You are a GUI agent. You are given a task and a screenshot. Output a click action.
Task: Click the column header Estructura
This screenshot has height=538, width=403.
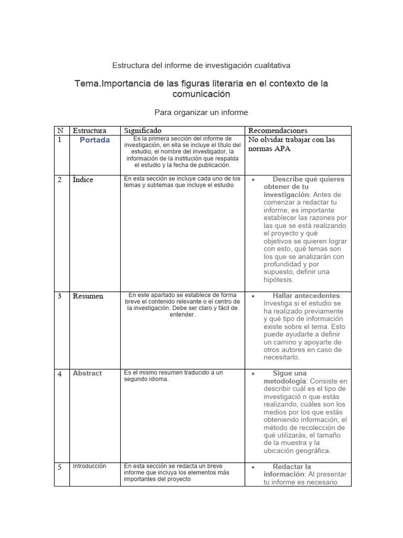(89, 130)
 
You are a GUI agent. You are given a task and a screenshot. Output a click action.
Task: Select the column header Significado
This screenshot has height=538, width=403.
(143, 130)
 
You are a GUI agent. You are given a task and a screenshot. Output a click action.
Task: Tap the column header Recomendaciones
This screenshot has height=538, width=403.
(278, 130)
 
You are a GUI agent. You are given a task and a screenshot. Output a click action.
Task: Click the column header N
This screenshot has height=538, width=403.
(60, 130)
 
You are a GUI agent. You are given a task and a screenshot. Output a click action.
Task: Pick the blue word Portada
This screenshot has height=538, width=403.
(95, 140)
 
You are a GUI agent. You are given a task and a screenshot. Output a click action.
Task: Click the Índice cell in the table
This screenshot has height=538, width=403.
(83, 180)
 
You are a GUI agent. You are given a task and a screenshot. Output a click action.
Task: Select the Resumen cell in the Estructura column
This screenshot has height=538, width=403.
(88, 296)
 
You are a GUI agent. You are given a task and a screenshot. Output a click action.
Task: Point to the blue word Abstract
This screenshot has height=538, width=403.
(87, 374)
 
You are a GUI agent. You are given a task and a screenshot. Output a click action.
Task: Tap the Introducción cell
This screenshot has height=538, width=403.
(89, 466)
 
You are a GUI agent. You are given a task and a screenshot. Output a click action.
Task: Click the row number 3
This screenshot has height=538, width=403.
(60, 296)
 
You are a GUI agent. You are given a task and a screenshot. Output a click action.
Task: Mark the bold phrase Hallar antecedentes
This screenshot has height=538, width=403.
(306, 296)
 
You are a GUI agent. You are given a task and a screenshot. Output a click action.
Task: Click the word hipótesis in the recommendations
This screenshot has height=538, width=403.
(278, 280)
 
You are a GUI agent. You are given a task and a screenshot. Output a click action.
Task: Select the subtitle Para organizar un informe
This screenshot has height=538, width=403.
(201, 112)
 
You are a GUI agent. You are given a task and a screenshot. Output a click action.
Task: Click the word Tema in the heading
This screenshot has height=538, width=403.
(87, 84)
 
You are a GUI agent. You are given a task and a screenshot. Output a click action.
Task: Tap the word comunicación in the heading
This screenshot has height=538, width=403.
(201, 95)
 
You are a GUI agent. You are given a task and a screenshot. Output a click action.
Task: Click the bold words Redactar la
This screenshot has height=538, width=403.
(292, 467)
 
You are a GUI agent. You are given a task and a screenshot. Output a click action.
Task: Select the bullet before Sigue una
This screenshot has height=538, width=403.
(253, 374)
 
